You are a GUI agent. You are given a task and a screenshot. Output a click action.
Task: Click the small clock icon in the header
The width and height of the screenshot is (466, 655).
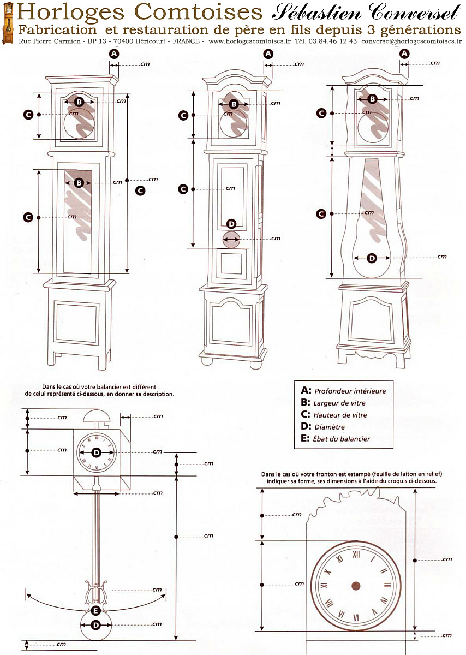(8, 23)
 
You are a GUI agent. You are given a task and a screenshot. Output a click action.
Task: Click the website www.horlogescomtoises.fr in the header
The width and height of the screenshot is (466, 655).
(250, 41)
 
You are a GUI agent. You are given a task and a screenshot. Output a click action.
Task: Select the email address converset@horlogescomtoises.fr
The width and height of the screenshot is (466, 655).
(411, 41)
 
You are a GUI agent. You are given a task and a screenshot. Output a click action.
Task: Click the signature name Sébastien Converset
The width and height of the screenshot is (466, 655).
(365, 13)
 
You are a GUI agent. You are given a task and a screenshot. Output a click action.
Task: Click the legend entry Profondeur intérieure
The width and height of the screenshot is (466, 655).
(350, 391)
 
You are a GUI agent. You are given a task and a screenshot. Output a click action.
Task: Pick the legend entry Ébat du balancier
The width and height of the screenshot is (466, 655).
(341, 439)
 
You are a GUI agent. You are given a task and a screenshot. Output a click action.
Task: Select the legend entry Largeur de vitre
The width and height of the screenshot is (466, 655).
(339, 403)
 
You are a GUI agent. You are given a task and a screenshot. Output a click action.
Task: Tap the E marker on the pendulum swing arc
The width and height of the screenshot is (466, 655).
(95, 610)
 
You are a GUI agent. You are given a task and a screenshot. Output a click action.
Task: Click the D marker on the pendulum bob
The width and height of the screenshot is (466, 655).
(96, 625)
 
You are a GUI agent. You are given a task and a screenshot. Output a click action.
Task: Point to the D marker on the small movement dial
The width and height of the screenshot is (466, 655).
(97, 452)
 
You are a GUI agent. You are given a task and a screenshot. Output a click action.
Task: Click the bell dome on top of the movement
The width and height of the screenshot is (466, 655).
(97, 415)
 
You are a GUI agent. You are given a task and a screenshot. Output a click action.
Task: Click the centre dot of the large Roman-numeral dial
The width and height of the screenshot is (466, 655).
(355, 585)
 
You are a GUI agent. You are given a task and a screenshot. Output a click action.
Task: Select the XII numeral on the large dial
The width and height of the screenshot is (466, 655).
(356, 554)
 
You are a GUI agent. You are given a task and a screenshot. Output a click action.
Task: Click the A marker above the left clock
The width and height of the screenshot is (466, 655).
(114, 53)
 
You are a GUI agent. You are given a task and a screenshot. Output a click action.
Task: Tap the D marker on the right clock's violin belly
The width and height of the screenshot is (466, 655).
(372, 258)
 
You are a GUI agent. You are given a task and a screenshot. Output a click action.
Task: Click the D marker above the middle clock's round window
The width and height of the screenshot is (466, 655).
(231, 224)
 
